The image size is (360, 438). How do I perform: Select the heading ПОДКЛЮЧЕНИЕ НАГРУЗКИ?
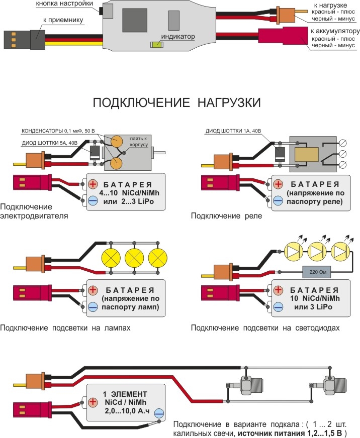point(177,103)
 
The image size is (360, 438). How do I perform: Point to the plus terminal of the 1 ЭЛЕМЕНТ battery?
point(92,402)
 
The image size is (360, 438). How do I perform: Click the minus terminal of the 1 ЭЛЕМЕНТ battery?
point(159,414)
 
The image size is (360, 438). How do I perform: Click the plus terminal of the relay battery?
point(278,184)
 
